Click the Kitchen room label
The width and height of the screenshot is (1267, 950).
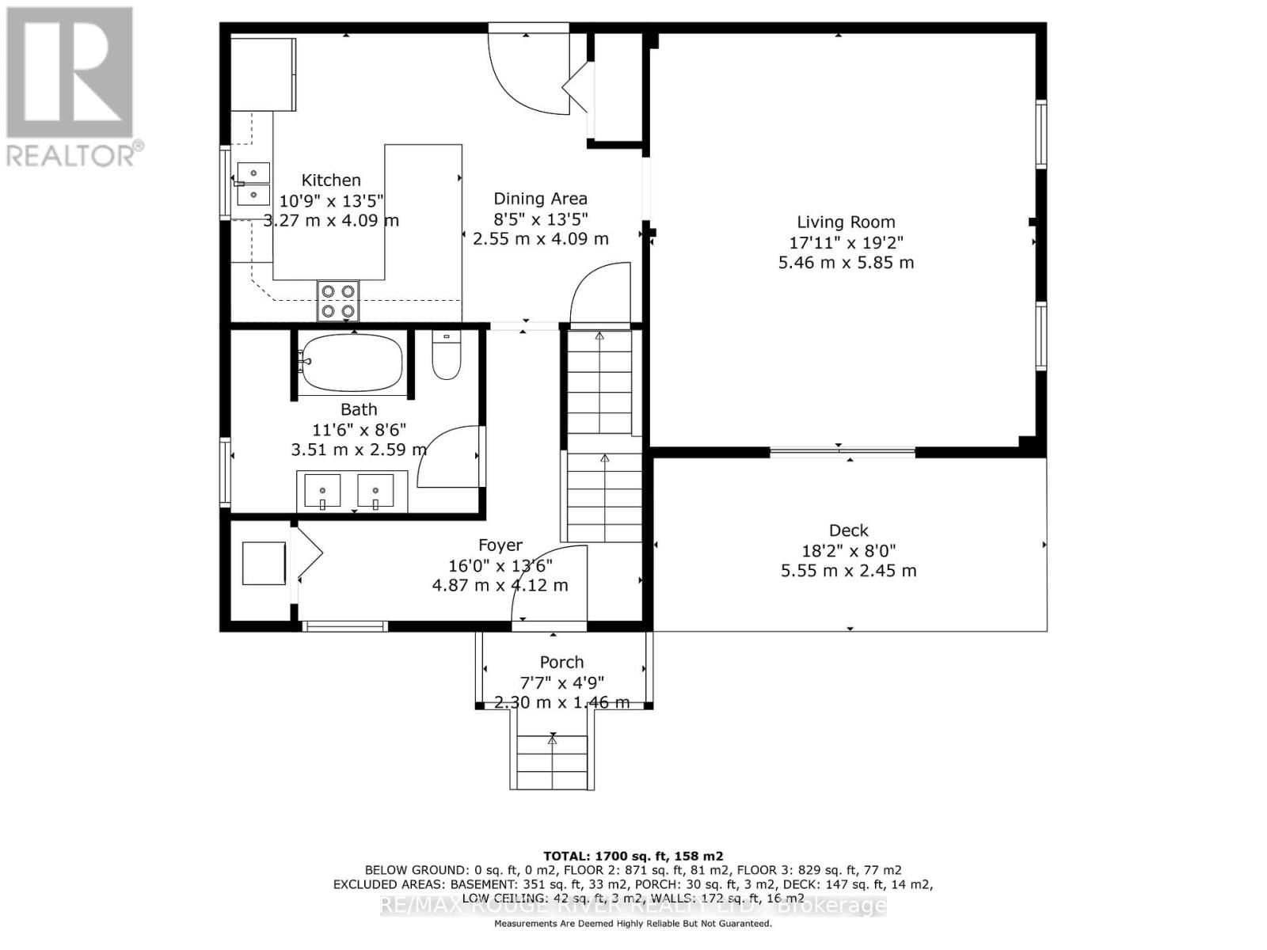click(x=331, y=180)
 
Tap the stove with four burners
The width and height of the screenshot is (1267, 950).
click(x=338, y=302)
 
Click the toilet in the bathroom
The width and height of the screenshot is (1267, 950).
click(x=447, y=355)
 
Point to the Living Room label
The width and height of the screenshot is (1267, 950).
click(x=846, y=222)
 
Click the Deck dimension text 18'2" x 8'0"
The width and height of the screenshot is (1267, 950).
click(x=849, y=551)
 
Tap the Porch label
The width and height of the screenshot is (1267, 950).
click(x=561, y=662)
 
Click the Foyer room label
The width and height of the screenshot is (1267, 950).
click(x=500, y=545)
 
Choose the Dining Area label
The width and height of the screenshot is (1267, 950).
click(x=540, y=199)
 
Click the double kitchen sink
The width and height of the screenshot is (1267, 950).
click(x=253, y=184)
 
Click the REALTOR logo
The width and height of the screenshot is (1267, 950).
click(x=71, y=87)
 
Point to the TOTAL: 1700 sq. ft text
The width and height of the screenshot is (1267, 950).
click(x=633, y=856)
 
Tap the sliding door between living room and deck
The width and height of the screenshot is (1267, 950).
click(x=843, y=453)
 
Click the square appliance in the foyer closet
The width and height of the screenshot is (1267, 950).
click(x=264, y=563)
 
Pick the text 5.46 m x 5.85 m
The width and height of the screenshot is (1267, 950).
click(x=846, y=263)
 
